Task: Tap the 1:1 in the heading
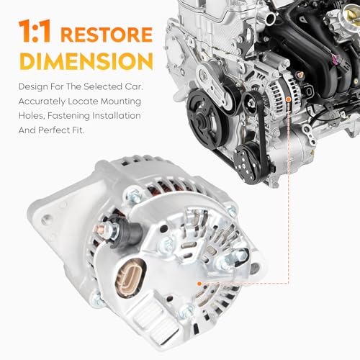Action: [x=33, y=34]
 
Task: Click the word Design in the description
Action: [x=31, y=86]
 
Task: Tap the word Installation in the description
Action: [x=112, y=115]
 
